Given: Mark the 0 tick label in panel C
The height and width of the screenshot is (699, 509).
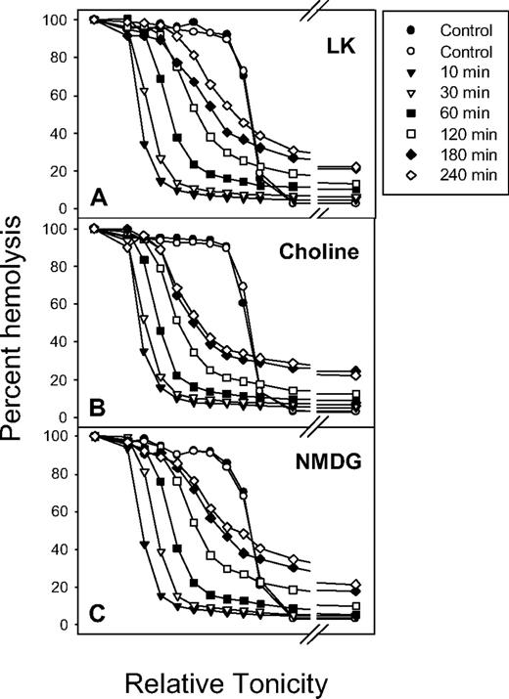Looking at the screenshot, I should pyautogui.click(x=69, y=624).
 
